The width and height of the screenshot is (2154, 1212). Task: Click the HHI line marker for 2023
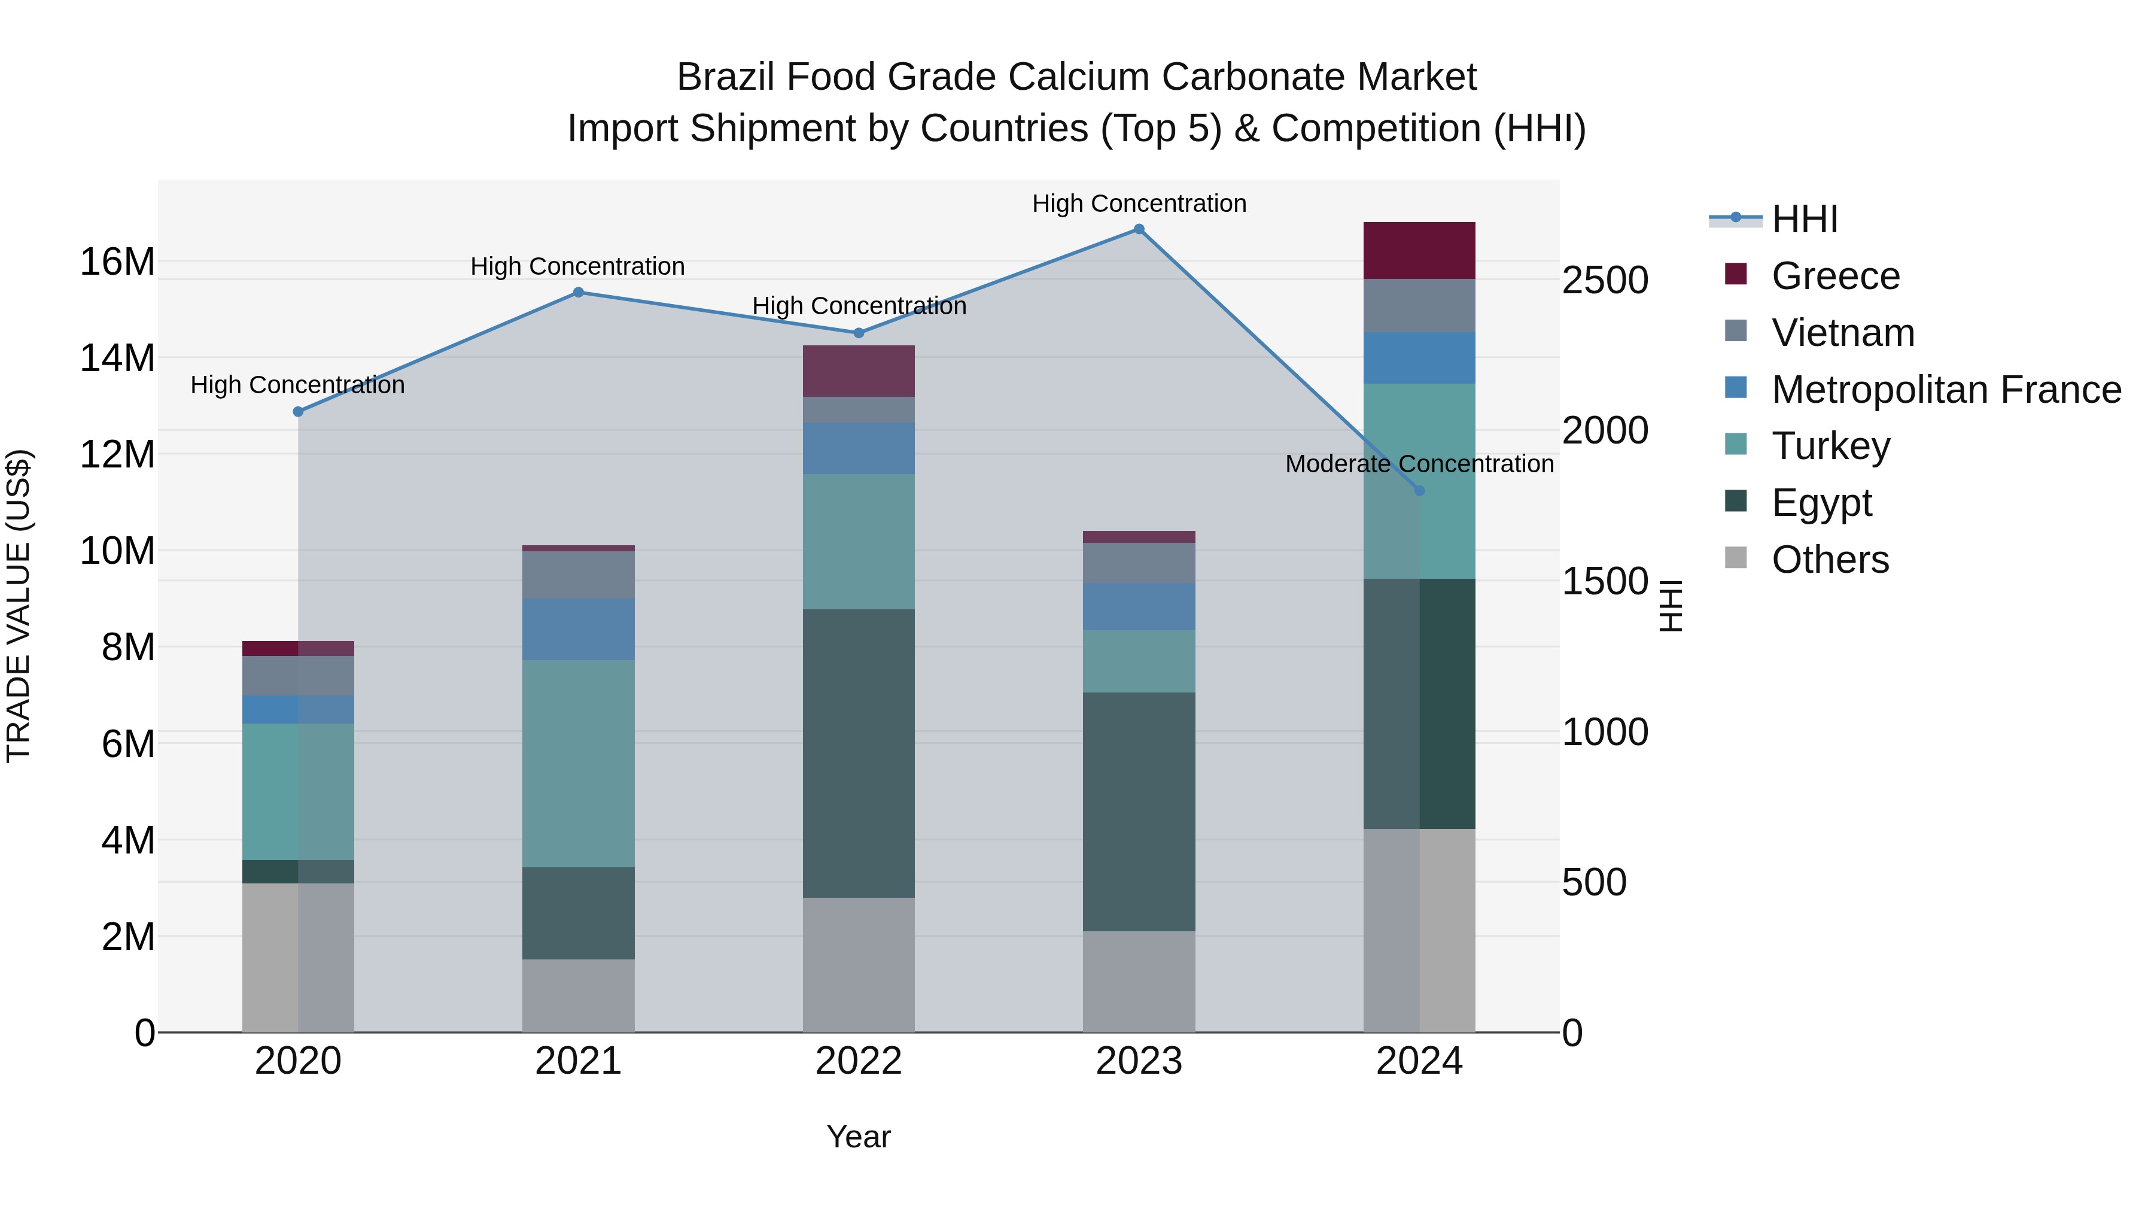[1139, 229]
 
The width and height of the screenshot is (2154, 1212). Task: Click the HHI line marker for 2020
[299, 412]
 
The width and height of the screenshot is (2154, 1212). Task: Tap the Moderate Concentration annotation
[1419, 464]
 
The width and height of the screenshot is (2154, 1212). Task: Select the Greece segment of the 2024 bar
[1419, 251]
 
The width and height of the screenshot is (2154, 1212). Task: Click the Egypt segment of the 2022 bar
[859, 753]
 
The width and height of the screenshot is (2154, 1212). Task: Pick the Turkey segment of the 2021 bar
[578, 763]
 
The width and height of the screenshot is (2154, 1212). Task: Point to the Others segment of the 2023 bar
[1139, 980]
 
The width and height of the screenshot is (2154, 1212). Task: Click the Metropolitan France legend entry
[1946, 390]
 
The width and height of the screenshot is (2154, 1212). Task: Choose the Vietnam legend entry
[1843, 333]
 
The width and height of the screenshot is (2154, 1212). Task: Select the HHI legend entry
[1805, 219]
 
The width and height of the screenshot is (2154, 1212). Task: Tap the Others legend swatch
[1736, 558]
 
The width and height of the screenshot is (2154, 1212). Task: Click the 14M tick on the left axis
[117, 358]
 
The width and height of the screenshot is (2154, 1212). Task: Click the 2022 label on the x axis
[859, 1061]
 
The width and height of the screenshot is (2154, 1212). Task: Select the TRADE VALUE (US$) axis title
[19, 606]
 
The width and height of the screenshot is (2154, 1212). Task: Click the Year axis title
[859, 1137]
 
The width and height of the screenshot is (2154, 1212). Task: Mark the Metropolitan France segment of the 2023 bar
[1139, 606]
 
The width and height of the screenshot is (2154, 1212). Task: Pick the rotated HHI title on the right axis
[1670, 606]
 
